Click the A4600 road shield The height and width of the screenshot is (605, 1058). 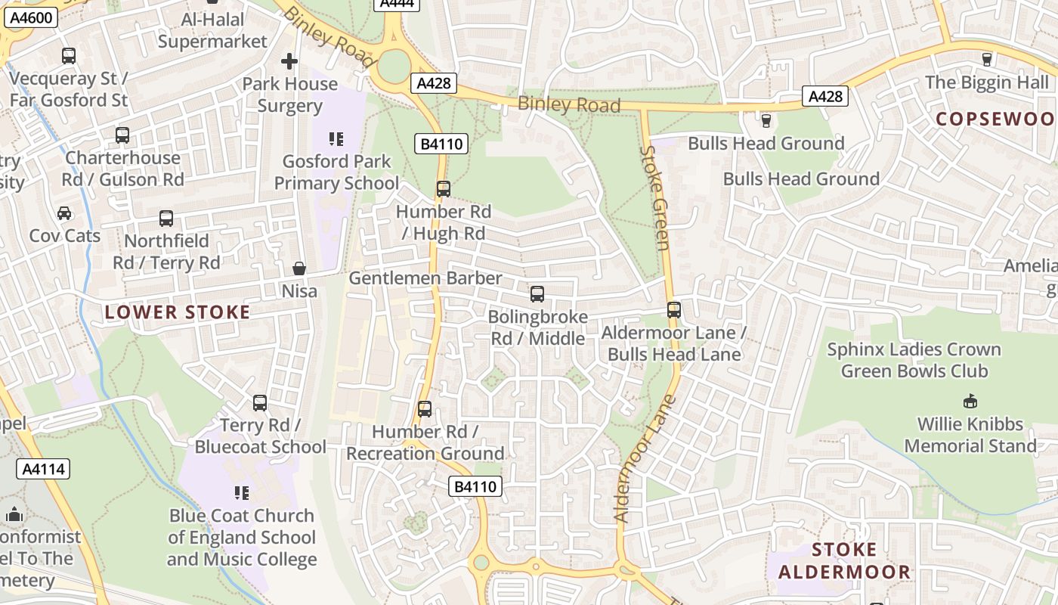(x=31, y=17)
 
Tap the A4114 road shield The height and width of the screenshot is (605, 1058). (x=43, y=469)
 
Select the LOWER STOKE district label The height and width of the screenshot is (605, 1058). (x=178, y=312)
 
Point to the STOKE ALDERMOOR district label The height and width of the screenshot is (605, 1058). (x=844, y=560)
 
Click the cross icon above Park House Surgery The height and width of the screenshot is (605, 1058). (x=289, y=61)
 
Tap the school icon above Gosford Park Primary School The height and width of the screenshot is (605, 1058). (x=336, y=139)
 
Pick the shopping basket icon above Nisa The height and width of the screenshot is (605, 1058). (x=299, y=268)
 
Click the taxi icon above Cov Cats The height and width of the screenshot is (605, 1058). (x=64, y=213)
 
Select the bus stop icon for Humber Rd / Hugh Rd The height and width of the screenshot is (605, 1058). (x=444, y=189)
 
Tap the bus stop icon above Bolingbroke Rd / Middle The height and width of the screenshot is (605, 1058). (x=537, y=294)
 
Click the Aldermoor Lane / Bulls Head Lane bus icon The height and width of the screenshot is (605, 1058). (x=674, y=310)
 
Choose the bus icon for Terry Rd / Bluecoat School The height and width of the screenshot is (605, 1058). (x=260, y=403)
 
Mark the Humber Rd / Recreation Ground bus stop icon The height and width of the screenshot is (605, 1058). (x=425, y=409)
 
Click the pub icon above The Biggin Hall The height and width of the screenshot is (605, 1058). (x=986, y=60)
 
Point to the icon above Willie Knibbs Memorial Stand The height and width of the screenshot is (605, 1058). (x=970, y=402)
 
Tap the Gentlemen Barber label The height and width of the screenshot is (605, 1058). (x=425, y=278)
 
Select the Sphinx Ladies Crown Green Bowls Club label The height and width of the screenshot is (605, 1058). (x=914, y=360)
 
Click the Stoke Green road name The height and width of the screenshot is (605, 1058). (x=655, y=198)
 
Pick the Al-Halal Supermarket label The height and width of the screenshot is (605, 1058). (x=212, y=30)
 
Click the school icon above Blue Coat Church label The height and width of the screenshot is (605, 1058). (x=242, y=493)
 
